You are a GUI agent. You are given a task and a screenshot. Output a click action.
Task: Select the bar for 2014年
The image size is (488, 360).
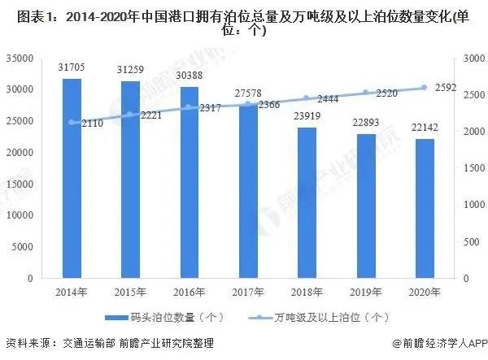point(72,179)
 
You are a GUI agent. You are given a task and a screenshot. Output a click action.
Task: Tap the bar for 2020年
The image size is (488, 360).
point(424,209)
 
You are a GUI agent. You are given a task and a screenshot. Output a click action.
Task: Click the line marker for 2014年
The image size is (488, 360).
point(72,123)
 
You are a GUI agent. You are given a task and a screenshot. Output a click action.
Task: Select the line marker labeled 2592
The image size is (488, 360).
point(424,88)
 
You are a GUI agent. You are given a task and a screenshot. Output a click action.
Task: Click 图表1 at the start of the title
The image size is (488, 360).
point(22,14)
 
